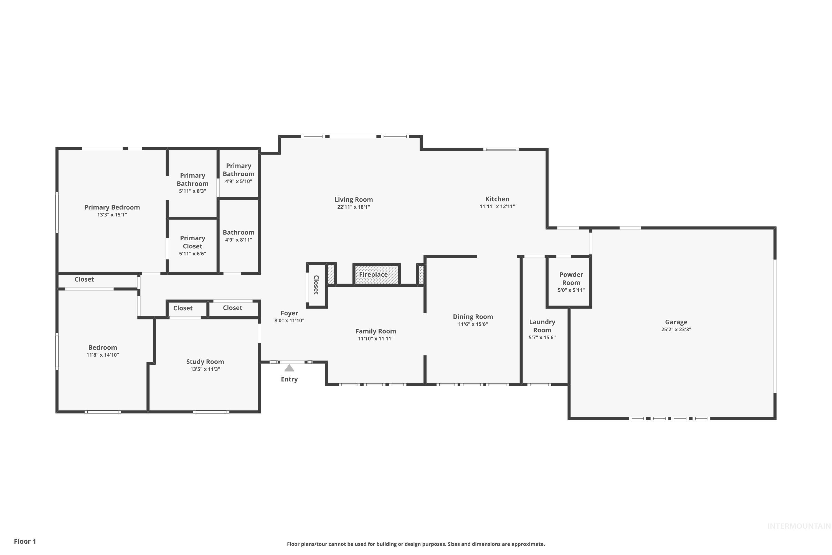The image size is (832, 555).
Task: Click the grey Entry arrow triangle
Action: coord(289,368)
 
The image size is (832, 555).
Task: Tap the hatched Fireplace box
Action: coord(376,274)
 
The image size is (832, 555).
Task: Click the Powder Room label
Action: coord(571,279)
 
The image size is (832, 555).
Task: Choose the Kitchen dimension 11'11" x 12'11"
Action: coord(497,207)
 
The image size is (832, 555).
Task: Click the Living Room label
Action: coord(353,200)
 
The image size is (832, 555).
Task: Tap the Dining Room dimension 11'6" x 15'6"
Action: coord(473,324)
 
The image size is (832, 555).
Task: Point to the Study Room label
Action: coord(205,362)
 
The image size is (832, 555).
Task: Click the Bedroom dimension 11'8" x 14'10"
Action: coord(103,355)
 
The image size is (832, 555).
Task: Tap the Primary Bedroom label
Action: coord(112,207)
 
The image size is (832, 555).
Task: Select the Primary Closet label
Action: coord(192,242)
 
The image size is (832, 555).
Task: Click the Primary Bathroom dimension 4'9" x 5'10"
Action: coord(239,181)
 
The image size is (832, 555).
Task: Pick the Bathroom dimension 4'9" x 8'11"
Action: coord(239,240)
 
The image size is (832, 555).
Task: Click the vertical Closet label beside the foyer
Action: coord(316,285)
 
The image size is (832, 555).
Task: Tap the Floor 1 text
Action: coord(25,541)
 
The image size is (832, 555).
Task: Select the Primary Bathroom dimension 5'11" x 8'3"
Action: coord(192,191)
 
